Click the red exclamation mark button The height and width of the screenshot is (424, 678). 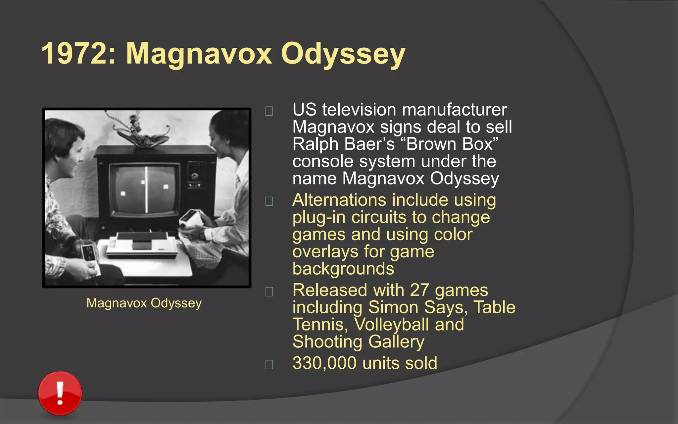coord(60,393)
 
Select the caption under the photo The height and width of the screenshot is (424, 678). coord(144,303)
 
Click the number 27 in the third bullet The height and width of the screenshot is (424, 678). coord(419,290)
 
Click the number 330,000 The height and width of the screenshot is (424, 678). coord(324,363)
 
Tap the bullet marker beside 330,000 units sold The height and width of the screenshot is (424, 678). coord(269,364)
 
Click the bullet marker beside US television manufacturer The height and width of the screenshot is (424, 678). coord(269,111)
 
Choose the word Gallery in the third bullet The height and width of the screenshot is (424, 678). coord(396,342)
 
